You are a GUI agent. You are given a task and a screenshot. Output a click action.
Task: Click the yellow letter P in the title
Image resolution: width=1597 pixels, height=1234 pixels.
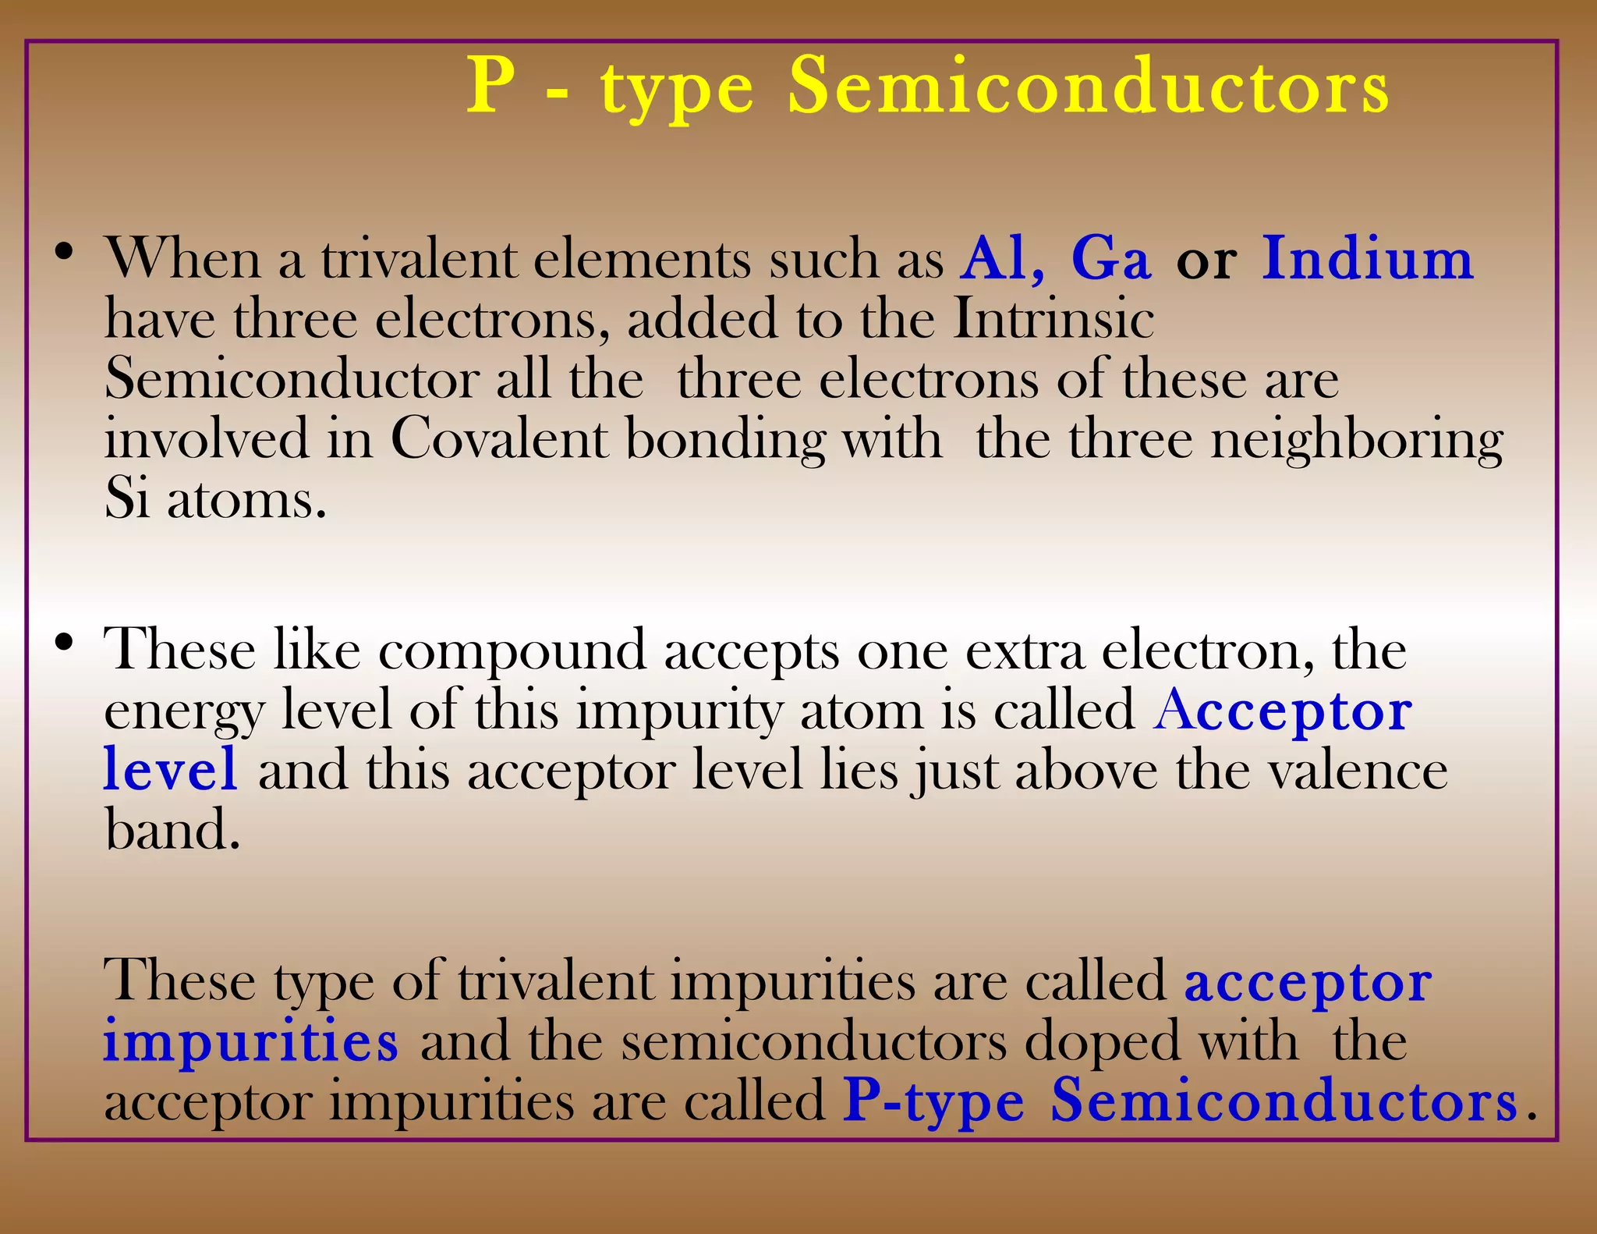[491, 86]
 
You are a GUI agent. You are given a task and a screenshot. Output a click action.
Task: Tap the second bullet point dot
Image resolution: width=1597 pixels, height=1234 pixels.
[64, 644]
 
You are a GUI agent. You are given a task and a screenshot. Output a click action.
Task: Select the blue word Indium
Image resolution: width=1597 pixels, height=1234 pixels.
[1368, 258]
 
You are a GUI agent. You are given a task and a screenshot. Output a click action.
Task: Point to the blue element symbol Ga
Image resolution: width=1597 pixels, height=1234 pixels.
[1110, 258]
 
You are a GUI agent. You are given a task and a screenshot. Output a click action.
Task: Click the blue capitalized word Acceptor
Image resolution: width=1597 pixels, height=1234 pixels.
[1282, 711]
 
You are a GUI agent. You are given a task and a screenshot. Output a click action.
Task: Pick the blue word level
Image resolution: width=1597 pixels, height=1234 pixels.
[170, 769]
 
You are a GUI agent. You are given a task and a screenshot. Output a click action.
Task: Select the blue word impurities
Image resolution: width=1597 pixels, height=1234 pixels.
[250, 1041]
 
